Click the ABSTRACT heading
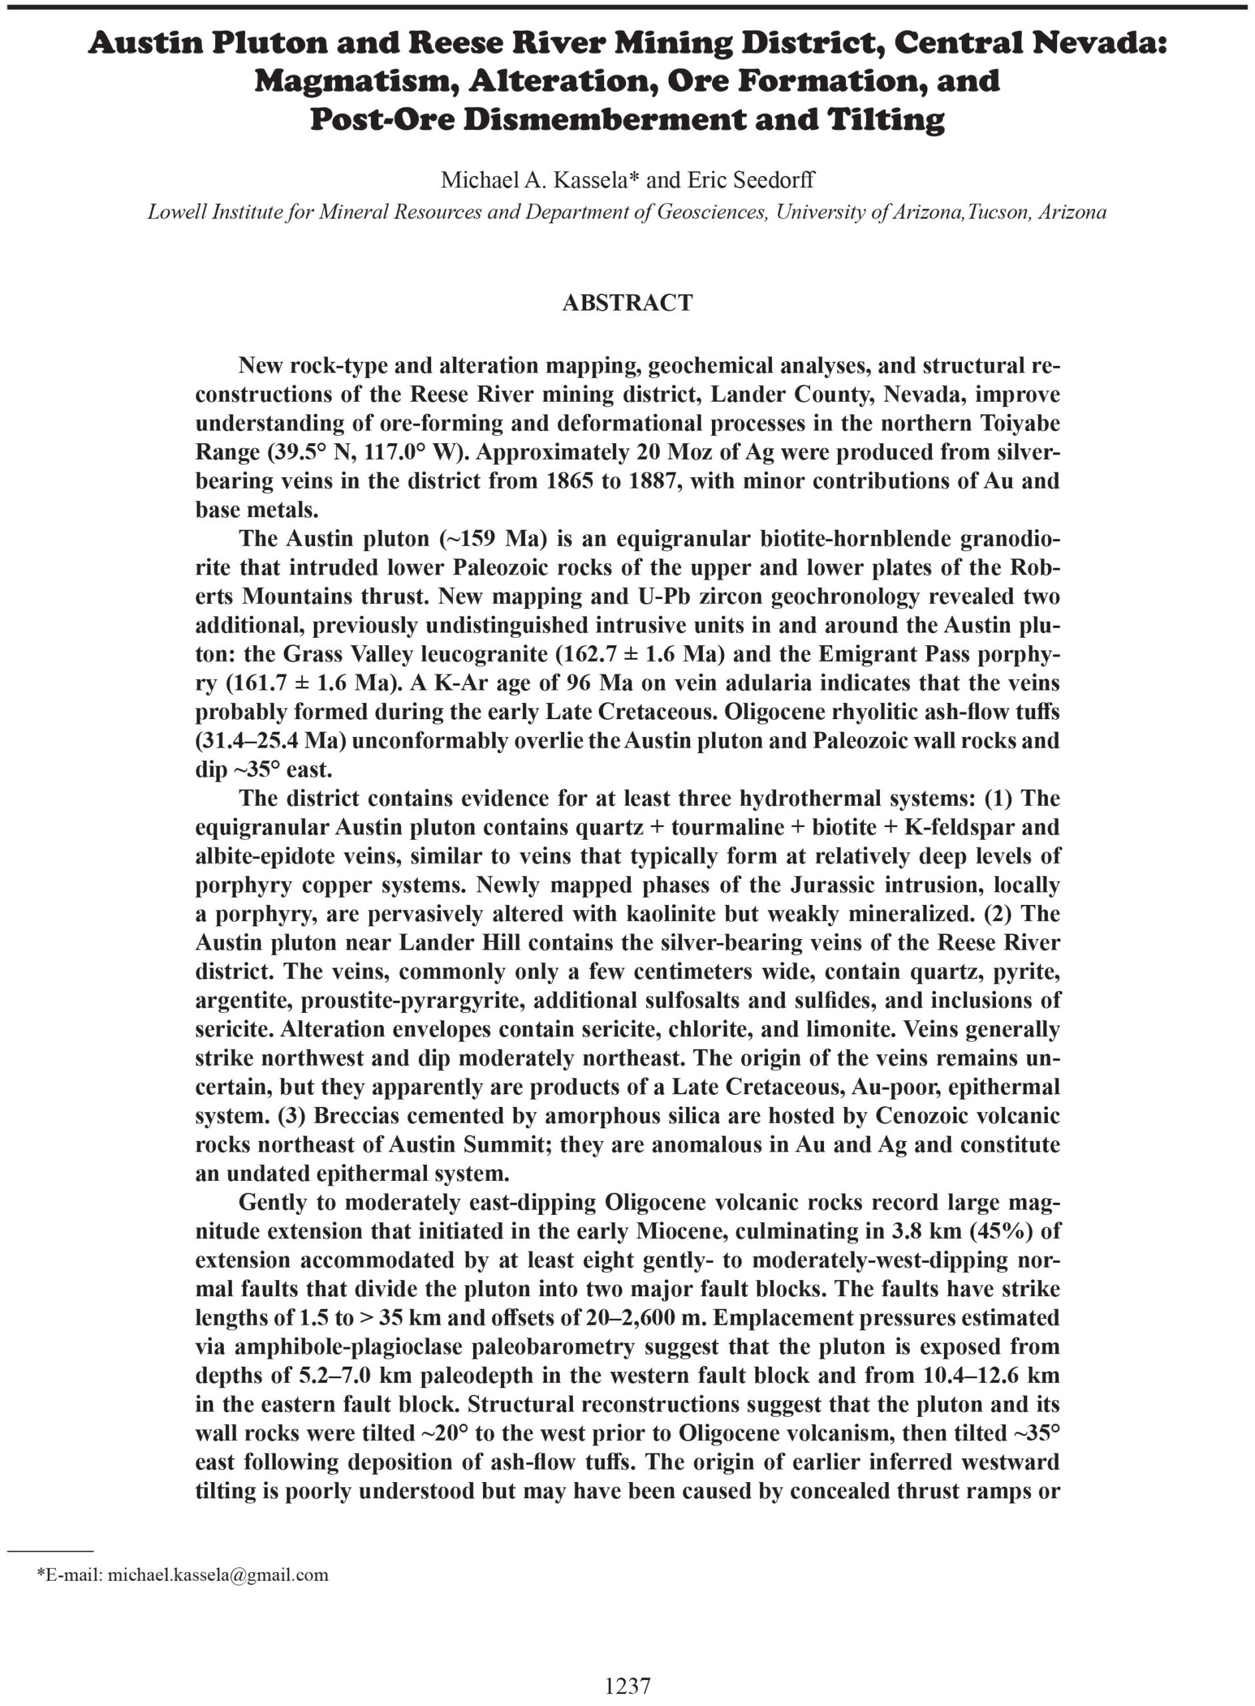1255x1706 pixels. coord(627,303)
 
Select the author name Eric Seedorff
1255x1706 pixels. coord(751,180)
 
